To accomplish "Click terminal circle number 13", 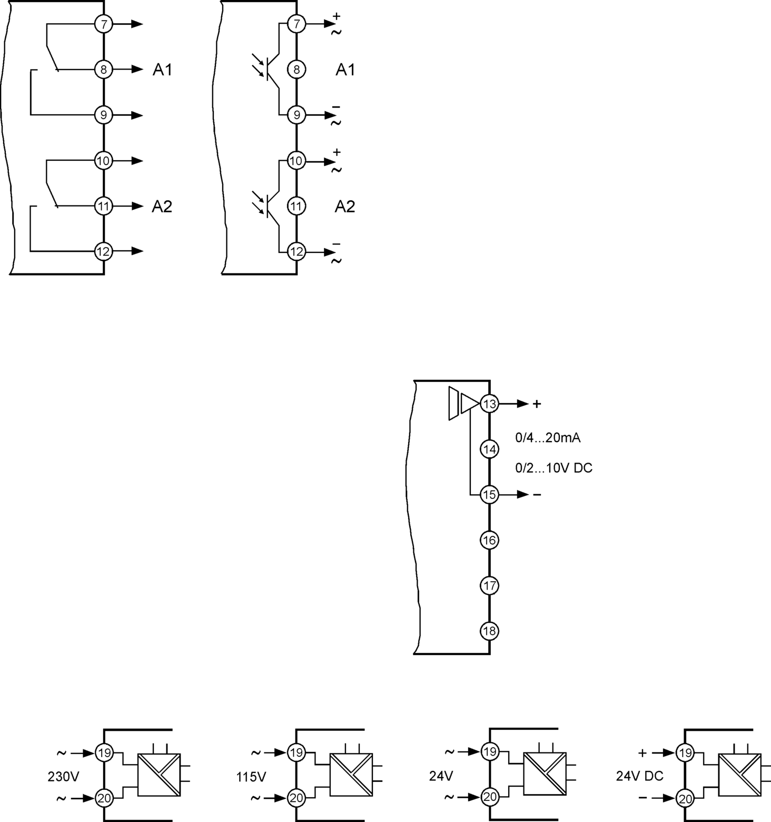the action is point(489,404).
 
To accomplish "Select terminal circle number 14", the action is point(489,449).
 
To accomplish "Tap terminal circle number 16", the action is point(489,540).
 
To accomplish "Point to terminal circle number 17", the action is point(489,585).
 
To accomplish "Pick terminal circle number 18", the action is point(489,631).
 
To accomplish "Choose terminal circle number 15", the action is point(489,495).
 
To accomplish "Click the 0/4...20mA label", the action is point(548,438).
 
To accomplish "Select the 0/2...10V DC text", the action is point(553,468).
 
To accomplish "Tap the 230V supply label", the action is point(63,776).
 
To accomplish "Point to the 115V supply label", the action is point(251,777).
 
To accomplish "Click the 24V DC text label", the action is point(639,776).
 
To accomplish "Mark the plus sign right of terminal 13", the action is point(537,404).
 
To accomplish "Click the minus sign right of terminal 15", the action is point(537,495).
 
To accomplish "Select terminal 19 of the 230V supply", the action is point(104,753).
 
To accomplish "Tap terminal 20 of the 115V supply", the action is point(296,798).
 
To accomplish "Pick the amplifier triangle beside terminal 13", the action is point(469,404).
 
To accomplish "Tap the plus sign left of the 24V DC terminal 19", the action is point(642,753).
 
